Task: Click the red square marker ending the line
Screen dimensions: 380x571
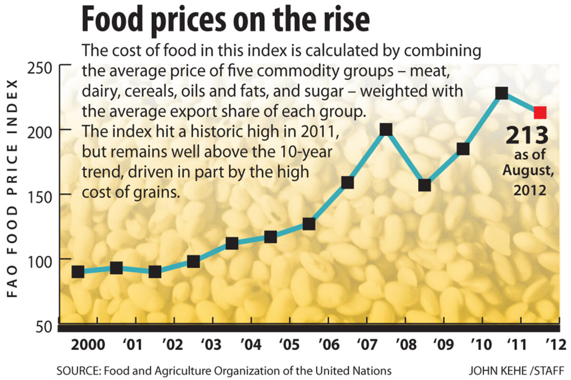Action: coord(540,113)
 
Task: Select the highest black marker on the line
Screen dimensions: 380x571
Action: coord(502,93)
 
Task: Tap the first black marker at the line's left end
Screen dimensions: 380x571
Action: coord(78,272)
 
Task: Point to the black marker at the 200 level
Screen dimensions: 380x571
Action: coord(386,129)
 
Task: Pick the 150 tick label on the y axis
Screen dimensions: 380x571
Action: coord(41,195)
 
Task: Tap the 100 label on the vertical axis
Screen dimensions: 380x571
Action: coord(41,259)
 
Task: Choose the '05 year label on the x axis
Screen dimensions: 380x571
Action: coord(289,345)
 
